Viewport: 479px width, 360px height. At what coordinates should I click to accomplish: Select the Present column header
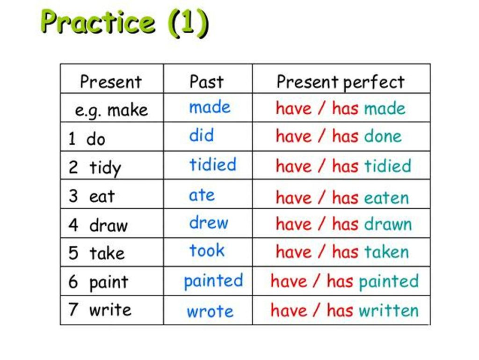[x=111, y=81]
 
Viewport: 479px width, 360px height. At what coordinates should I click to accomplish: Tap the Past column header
[x=206, y=81]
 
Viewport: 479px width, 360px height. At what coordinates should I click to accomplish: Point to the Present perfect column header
[x=340, y=82]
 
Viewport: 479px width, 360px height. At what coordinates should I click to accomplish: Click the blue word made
[x=210, y=107]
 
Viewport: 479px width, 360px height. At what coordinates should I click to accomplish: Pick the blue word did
[x=202, y=136]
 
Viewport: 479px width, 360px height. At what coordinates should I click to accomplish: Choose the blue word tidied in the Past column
[x=213, y=165]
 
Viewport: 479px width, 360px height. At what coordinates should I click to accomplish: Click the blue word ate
[x=202, y=195]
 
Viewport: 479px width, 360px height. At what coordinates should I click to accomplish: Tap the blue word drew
[x=209, y=222]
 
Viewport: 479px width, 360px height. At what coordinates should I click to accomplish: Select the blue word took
[x=207, y=250]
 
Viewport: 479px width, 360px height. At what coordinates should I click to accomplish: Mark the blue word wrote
[x=210, y=311]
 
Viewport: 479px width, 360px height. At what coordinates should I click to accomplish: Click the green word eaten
[x=386, y=198]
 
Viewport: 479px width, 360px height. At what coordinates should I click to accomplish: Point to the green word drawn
[x=388, y=224]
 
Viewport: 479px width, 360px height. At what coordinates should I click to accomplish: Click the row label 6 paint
[x=98, y=282]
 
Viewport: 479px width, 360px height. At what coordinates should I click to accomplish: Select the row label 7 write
[x=100, y=310]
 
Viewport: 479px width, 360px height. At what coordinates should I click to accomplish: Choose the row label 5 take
[x=97, y=253]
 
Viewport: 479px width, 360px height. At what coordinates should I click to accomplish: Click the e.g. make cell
[x=111, y=110]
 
